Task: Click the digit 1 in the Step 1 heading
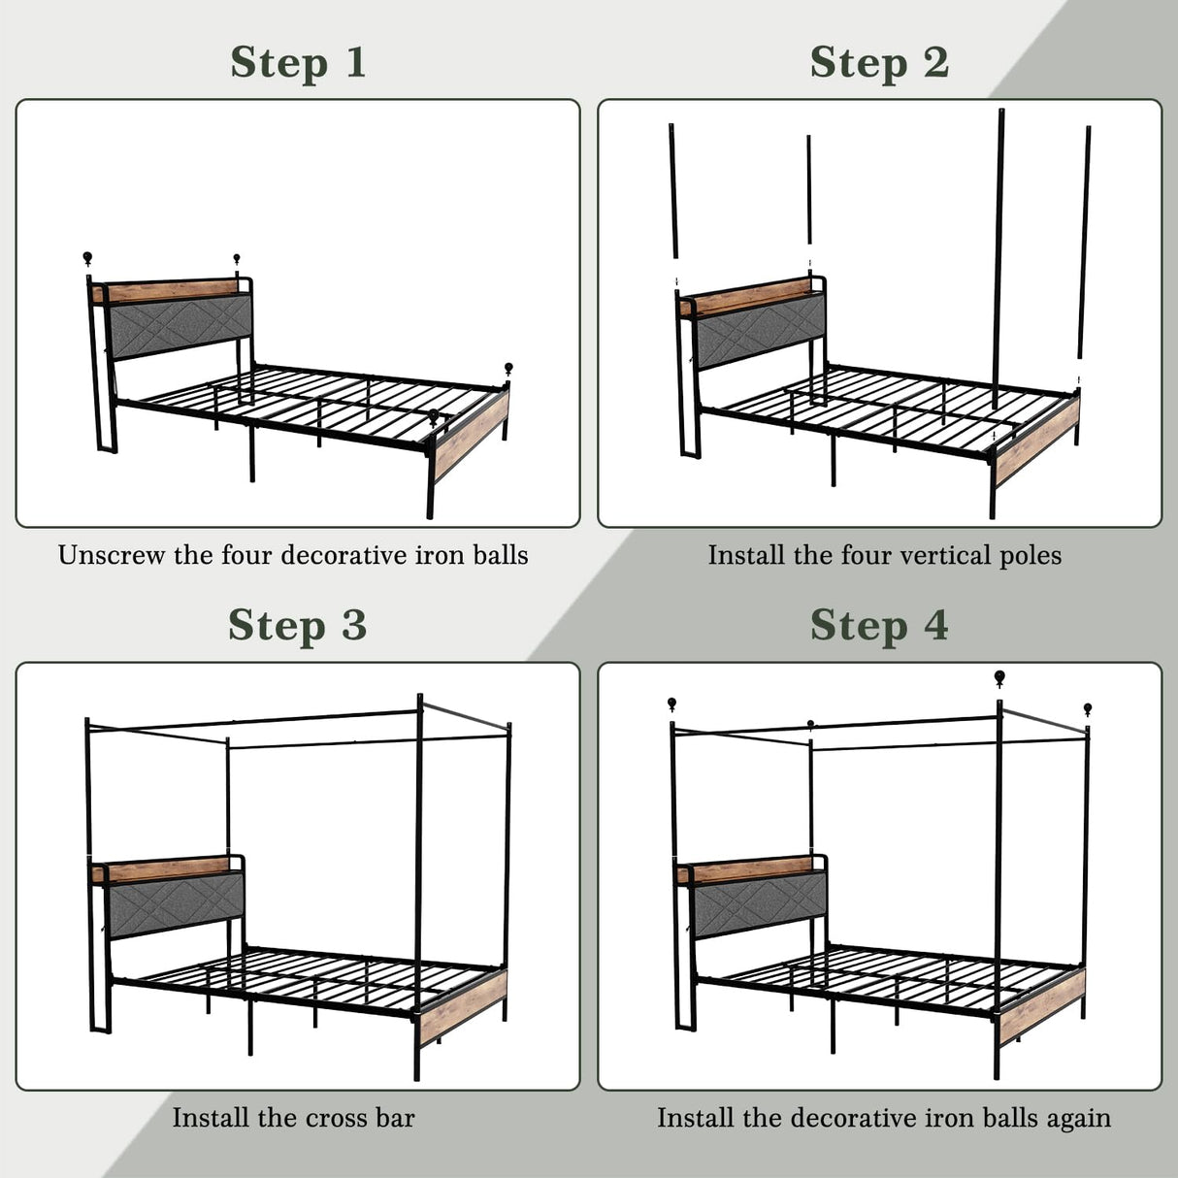click(x=355, y=63)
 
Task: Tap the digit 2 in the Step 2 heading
click(x=935, y=63)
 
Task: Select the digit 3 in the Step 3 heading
click(x=354, y=626)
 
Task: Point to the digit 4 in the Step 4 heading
click(x=935, y=626)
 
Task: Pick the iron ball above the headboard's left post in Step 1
click(x=88, y=258)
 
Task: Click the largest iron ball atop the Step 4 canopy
click(x=999, y=677)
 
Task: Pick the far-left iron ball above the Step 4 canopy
click(x=671, y=703)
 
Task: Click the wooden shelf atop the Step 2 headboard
click(x=747, y=296)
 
